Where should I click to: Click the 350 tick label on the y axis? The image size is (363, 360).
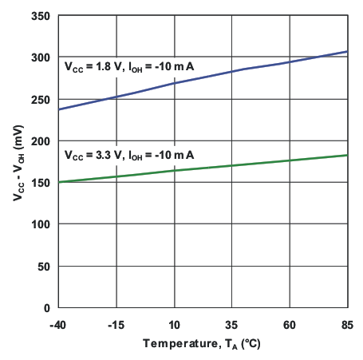tap(42, 16)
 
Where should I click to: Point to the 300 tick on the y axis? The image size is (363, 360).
tap(42, 57)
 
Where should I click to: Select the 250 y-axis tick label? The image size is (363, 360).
tap(42, 99)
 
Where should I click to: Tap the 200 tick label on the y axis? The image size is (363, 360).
tap(42, 140)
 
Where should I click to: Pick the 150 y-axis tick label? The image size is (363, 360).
tap(42, 182)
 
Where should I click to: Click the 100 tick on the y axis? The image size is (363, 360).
tap(42, 224)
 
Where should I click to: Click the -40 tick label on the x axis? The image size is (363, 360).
tap(59, 325)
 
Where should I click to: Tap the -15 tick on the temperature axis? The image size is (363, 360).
tap(116, 325)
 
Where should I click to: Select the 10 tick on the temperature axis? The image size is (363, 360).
tap(175, 325)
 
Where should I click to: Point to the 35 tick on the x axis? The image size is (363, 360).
tap(232, 325)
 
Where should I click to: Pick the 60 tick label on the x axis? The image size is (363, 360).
tap(290, 325)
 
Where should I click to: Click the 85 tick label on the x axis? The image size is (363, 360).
tap(347, 325)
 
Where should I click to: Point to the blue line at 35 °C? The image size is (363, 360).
tap(232, 72)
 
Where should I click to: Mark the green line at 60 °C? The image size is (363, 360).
tap(290, 160)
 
